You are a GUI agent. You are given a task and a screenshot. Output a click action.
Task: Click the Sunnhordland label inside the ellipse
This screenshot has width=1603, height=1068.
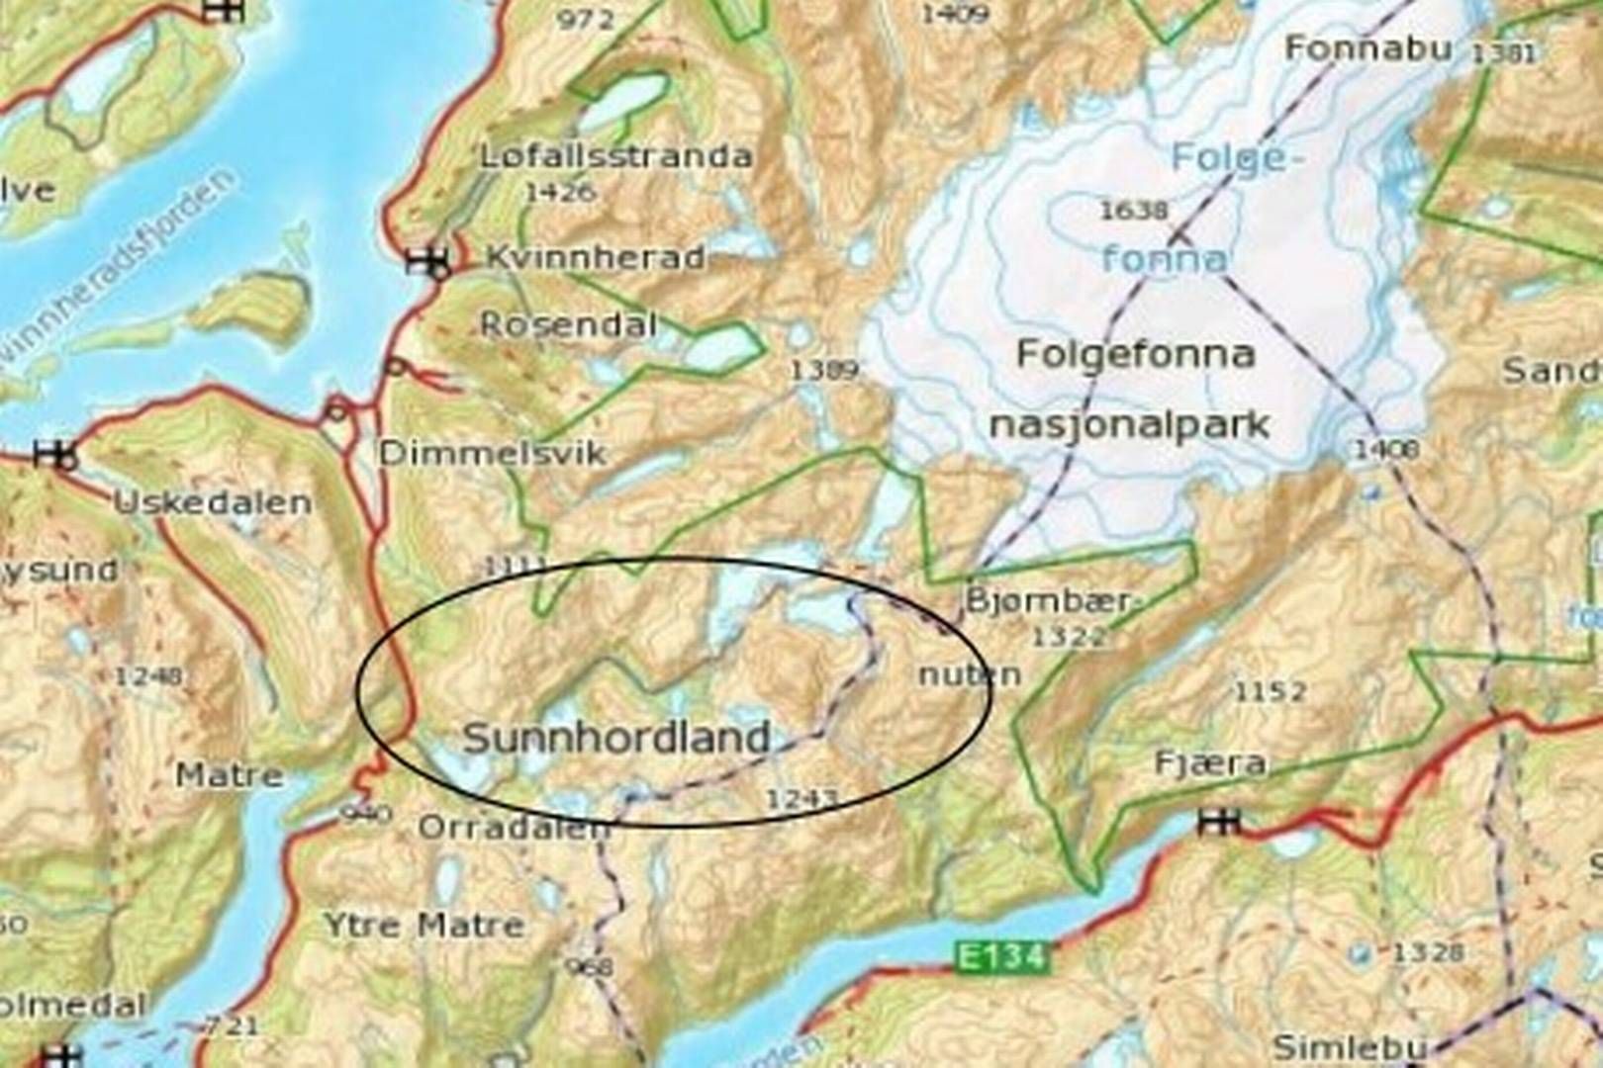pyautogui.click(x=616, y=738)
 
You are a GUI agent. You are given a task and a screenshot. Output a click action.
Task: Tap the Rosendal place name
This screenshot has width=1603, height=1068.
pyautogui.click(x=569, y=324)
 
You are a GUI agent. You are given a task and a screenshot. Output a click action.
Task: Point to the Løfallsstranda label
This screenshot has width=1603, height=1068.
pyautogui.click(x=615, y=156)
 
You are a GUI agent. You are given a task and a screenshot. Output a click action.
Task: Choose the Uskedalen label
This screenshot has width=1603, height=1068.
pyautogui.click(x=213, y=502)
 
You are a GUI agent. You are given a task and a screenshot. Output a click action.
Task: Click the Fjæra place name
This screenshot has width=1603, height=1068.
pyautogui.click(x=1210, y=763)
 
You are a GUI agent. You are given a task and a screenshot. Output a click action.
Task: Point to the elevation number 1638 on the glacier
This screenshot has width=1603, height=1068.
pyautogui.click(x=1134, y=210)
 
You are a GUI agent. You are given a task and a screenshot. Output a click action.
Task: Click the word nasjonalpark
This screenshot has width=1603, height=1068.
pyautogui.click(x=1129, y=425)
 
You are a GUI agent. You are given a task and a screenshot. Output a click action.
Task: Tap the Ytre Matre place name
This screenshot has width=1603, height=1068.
pyautogui.click(x=424, y=926)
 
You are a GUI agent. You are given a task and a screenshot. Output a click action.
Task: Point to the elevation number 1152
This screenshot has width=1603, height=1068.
pyautogui.click(x=1271, y=690)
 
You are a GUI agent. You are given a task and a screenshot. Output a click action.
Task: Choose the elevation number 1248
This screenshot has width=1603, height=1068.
pyautogui.click(x=148, y=676)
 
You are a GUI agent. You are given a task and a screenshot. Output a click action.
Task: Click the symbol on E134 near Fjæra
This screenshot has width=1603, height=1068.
pyautogui.click(x=1219, y=821)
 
